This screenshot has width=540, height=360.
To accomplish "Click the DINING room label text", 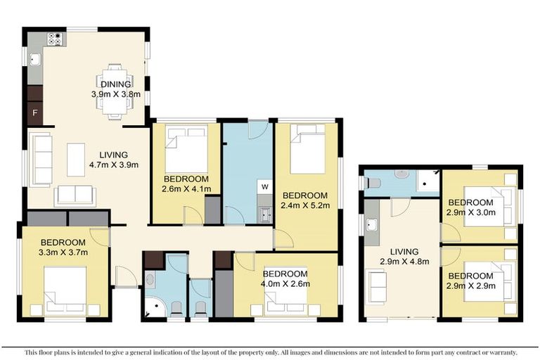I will [116, 84].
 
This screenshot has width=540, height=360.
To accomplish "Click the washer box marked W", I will [264, 186].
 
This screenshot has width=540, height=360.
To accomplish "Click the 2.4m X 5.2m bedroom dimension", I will [305, 205].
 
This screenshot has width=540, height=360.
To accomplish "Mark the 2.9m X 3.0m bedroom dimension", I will [471, 212].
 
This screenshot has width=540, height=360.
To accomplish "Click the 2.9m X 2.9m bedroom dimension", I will [471, 285].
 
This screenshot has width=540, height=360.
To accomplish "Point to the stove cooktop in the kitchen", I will [55, 39].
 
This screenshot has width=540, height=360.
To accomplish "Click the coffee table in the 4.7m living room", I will [76, 159].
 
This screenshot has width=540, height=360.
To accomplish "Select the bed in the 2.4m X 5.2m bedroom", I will [307, 148].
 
